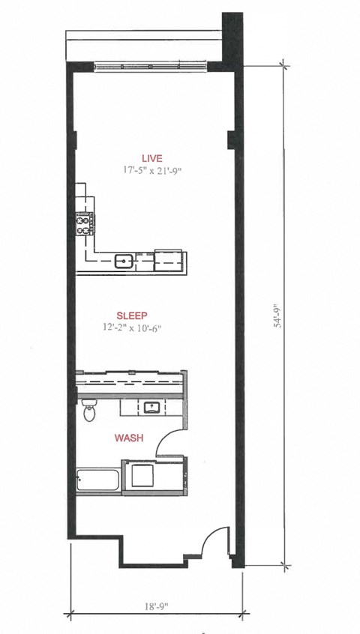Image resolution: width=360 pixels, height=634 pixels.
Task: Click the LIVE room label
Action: (x=151, y=158)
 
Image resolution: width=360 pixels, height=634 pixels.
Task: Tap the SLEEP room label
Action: (x=132, y=316)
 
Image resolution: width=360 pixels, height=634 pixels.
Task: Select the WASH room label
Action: (x=129, y=438)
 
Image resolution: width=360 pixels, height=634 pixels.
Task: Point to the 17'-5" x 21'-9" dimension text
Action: (x=152, y=170)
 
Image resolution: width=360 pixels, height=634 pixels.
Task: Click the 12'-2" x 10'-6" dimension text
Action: (x=132, y=327)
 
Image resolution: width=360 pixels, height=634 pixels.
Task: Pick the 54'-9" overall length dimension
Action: (x=279, y=315)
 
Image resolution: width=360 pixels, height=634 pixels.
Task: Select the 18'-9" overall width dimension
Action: (x=156, y=606)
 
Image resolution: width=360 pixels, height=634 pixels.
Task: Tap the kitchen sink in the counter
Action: (x=124, y=262)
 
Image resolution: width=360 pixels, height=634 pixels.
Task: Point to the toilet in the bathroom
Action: (x=88, y=411)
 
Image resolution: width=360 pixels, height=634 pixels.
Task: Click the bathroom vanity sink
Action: (x=152, y=408)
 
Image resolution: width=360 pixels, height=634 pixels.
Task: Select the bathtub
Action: (x=98, y=480)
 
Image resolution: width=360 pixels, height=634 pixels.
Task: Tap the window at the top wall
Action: (x=151, y=66)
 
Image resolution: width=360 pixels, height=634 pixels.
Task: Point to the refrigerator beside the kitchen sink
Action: (x=168, y=261)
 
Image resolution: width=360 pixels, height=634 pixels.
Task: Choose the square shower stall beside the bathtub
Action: (x=142, y=475)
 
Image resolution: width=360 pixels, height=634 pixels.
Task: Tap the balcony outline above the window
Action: (x=143, y=46)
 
